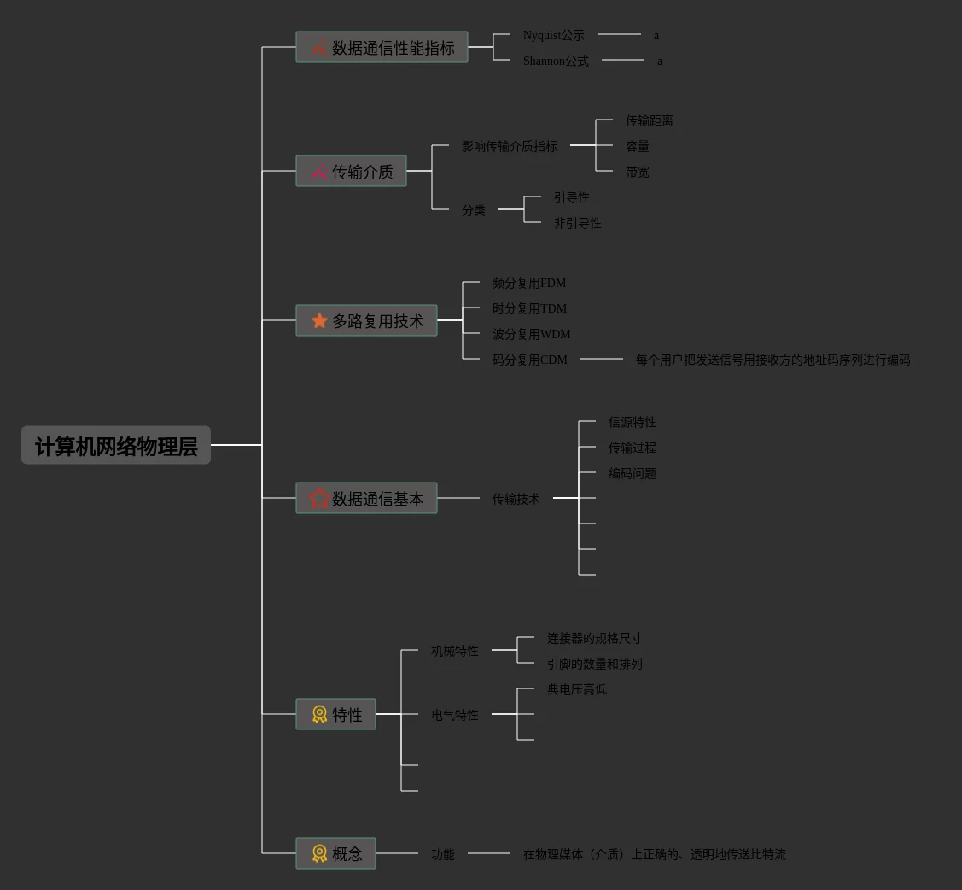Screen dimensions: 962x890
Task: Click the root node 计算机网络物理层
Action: click(x=116, y=445)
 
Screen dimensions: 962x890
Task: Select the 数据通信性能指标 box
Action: click(x=382, y=47)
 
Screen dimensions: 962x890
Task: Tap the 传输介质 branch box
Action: click(x=351, y=171)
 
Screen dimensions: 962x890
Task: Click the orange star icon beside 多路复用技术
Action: click(x=319, y=320)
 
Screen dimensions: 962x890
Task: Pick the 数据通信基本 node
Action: click(x=366, y=498)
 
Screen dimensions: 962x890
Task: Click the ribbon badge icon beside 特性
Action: click(x=319, y=714)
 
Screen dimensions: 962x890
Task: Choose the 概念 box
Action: click(x=335, y=853)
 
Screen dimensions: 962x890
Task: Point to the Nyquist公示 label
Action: click(x=553, y=35)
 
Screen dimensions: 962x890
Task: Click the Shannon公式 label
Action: click(x=556, y=61)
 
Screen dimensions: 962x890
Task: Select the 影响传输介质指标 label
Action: click(x=509, y=146)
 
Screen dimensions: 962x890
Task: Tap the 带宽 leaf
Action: click(x=637, y=172)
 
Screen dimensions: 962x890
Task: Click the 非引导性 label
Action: click(x=577, y=223)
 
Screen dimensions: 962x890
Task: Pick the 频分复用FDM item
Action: click(x=528, y=283)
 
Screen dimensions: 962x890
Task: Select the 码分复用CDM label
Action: click(x=529, y=360)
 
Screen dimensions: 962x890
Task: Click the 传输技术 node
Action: click(x=516, y=499)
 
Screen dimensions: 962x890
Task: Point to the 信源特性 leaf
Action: click(x=632, y=422)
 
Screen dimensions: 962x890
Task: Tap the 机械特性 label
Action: click(x=454, y=651)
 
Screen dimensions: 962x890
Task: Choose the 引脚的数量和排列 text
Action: click(x=594, y=664)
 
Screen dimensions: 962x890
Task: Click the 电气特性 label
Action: click(x=454, y=715)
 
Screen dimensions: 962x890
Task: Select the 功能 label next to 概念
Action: click(x=442, y=854)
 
